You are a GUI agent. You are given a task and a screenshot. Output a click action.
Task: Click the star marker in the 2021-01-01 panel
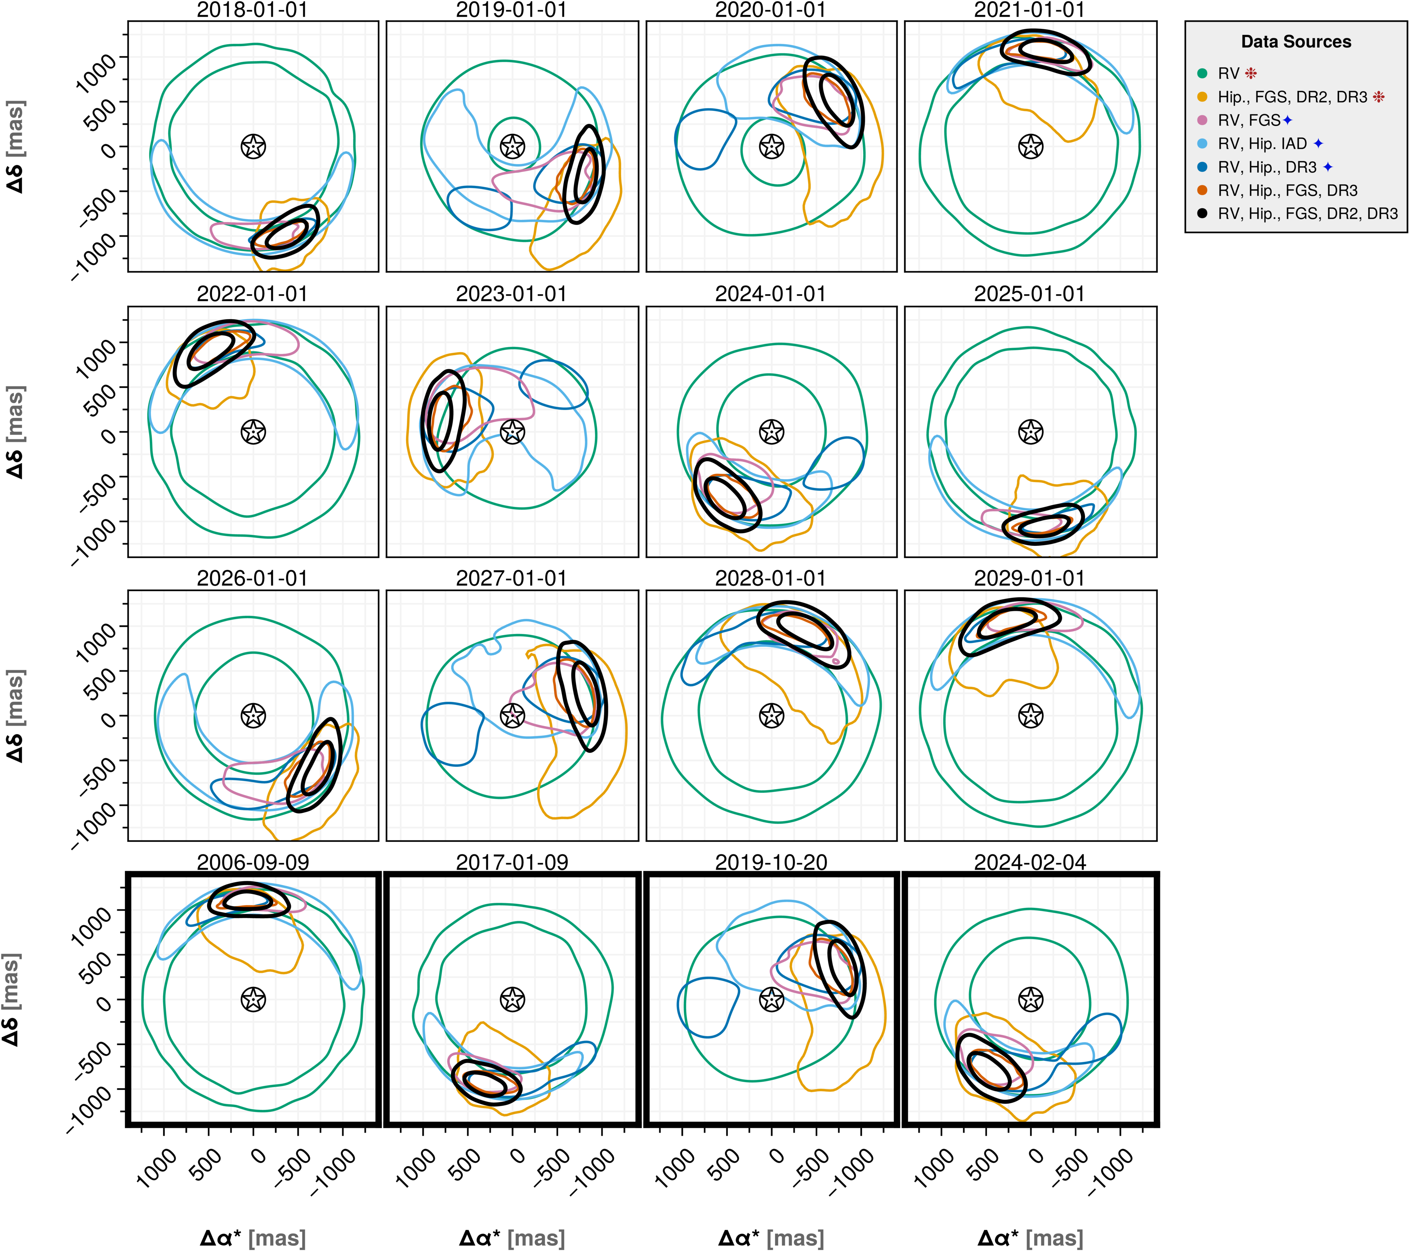1031,146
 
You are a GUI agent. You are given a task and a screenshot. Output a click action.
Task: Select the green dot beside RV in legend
1202,73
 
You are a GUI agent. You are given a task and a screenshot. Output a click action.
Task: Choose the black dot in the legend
1202,214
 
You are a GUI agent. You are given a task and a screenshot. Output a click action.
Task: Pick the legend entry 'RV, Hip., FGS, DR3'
1288,190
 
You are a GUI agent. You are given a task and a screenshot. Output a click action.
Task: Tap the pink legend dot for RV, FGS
1202,120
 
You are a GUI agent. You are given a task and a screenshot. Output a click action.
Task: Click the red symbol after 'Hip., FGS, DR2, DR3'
1379,97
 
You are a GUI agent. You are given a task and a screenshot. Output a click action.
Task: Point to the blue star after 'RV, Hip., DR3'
1328,167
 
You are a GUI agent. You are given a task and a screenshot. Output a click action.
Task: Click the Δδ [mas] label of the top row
15,146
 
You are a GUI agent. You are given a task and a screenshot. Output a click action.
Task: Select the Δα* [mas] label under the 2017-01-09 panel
511,1238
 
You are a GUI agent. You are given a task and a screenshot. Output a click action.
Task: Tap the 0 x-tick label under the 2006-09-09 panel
258,1156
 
